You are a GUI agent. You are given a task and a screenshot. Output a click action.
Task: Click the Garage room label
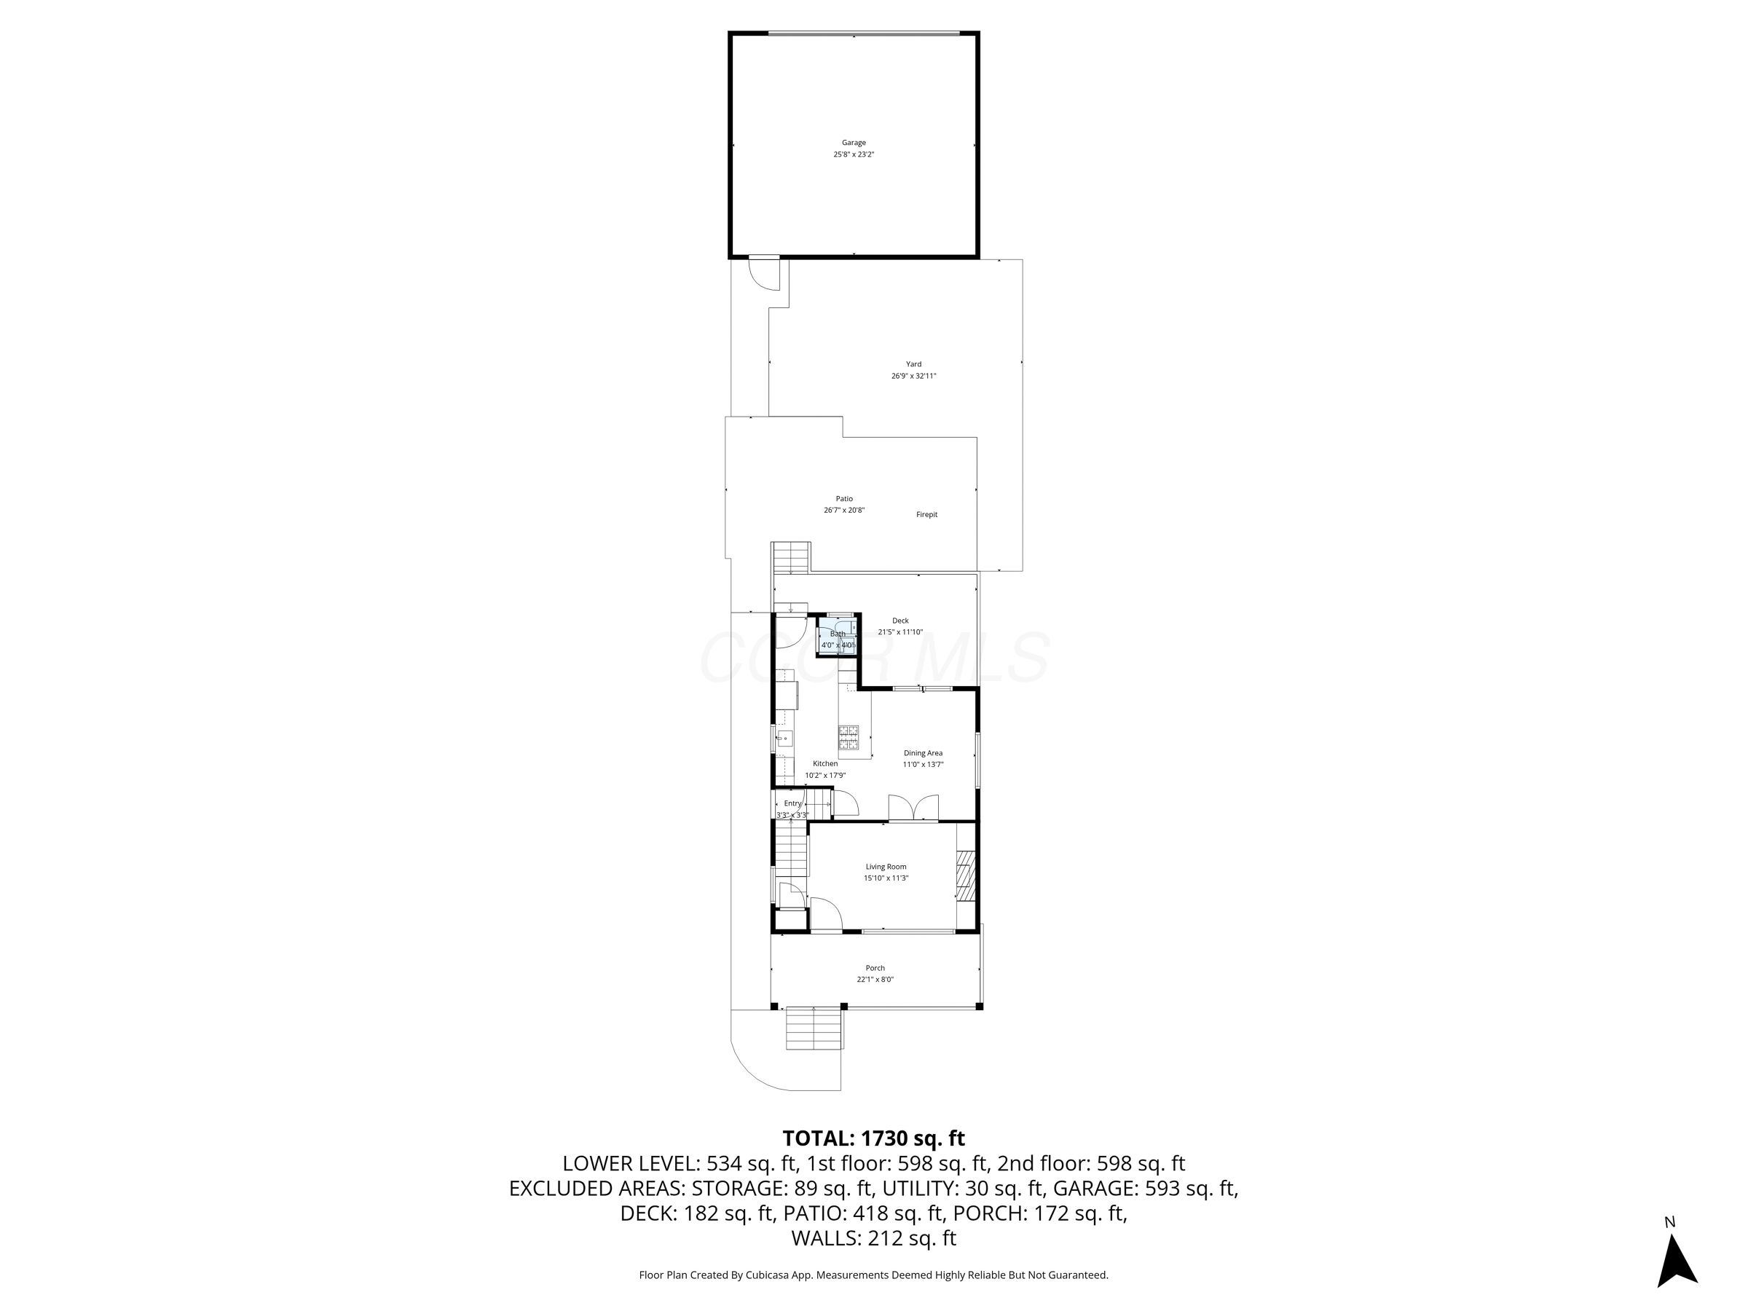pos(854,143)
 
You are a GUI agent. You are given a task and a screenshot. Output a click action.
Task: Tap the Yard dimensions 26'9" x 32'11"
pos(913,376)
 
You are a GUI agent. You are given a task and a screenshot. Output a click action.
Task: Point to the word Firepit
pos(926,514)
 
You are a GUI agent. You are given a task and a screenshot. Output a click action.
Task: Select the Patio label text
pos(844,499)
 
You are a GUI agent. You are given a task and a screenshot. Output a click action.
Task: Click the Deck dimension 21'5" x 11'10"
pos(900,632)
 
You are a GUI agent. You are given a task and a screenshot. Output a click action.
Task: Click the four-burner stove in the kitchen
pos(848,737)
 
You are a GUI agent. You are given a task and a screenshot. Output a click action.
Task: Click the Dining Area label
pos(923,753)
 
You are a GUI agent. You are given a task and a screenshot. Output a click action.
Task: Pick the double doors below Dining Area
pos(913,808)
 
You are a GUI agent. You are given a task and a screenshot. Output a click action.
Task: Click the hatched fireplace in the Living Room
pos(966,875)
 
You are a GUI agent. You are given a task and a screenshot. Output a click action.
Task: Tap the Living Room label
pos(886,867)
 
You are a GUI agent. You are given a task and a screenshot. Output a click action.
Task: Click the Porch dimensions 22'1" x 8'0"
pos(875,980)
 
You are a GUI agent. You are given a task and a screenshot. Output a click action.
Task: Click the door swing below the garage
pos(763,273)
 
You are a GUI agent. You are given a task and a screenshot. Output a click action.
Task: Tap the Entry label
pos(792,803)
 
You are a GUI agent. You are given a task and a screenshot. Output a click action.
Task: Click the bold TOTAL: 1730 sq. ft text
pos(873,1138)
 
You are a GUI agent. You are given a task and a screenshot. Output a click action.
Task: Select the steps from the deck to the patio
pos(791,558)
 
